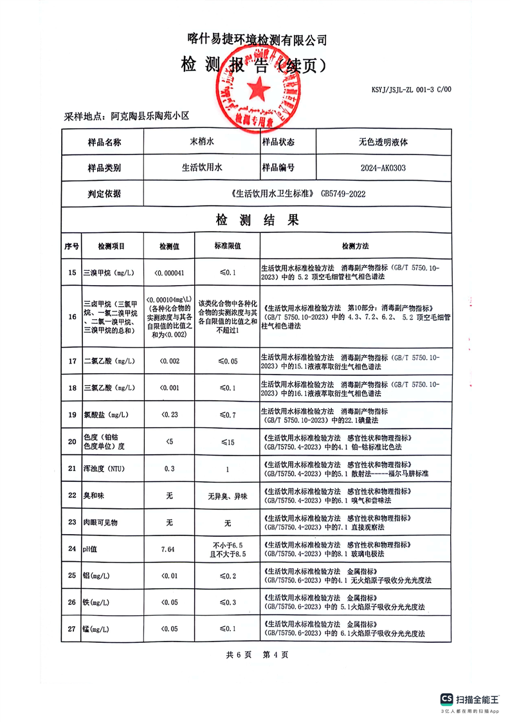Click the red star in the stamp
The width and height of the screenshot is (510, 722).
click(256, 88)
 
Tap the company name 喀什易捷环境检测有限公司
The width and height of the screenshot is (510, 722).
click(257, 40)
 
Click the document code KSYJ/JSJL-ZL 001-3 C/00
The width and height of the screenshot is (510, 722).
click(412, 90)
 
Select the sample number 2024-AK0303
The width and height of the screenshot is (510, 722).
click(383, 168)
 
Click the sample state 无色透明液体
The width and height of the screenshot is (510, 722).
click(383, 142)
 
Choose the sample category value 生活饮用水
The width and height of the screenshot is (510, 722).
click(201, 168)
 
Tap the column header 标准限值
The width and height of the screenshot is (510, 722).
click(227, 246)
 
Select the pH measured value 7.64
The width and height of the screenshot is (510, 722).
click(169, 549)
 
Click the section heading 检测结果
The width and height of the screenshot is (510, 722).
click(257, 221)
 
